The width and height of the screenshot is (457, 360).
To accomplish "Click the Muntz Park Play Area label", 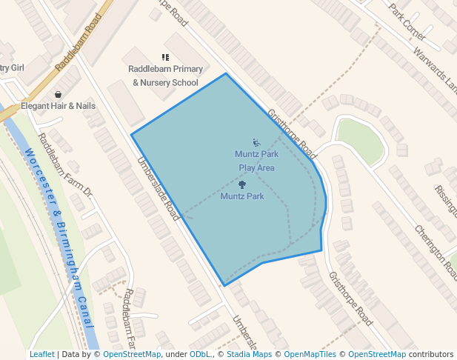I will (x=256, y=161).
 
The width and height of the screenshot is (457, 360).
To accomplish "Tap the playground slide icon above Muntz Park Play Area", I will (x=256, y=142).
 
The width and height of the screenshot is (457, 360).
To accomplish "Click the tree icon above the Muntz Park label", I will (x=242, y=184).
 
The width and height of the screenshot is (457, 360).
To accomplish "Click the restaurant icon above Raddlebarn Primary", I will (x=165, y=57).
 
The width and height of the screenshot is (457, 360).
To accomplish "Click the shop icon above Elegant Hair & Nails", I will (x=58, y=94).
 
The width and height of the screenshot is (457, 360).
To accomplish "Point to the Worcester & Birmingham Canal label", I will (x=62, y=237).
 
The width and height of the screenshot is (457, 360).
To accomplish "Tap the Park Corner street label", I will (x=407, y=20).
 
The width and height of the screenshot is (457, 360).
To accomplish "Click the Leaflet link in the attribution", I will (x=42, y=354).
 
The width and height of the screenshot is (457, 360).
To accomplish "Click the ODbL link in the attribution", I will (x=200, y=354).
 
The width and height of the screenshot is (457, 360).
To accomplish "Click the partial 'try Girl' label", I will (x=12, y=67).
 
